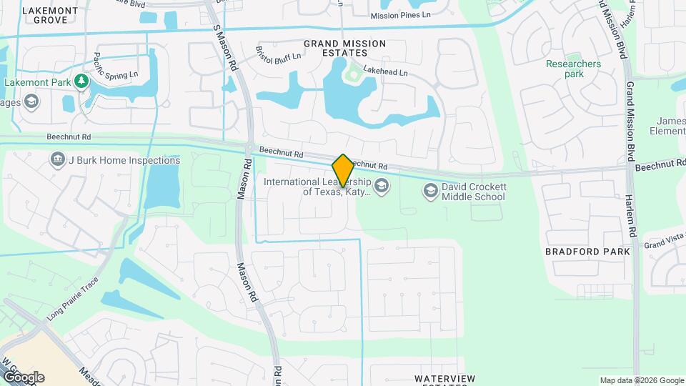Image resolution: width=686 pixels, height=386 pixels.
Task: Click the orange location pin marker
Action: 343,170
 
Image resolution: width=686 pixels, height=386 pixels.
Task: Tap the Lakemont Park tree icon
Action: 82,82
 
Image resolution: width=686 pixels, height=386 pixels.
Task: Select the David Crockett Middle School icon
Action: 430,189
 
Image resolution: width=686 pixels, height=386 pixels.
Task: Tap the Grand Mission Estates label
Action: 344,49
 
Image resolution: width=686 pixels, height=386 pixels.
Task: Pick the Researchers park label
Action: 573,69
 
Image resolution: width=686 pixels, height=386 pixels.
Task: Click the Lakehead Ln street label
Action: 385,72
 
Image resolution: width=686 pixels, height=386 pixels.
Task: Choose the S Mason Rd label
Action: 224,46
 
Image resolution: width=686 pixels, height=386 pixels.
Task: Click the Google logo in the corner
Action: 24,377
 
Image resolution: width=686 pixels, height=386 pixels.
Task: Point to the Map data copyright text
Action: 640,380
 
